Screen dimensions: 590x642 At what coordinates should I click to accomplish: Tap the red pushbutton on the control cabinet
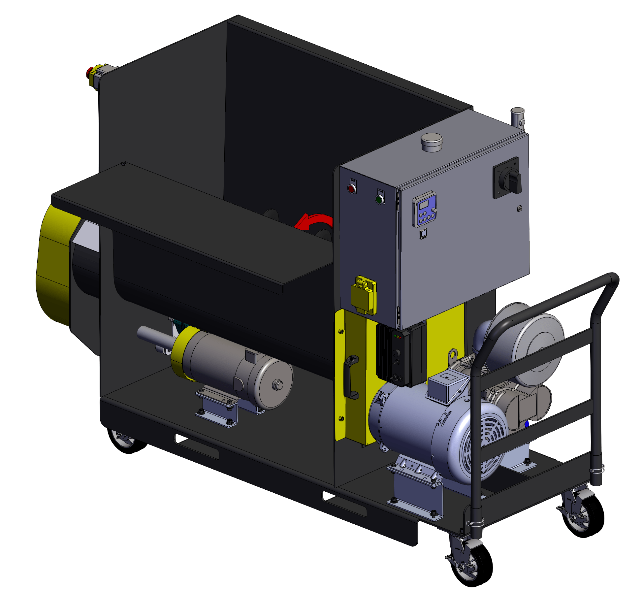[352, 189]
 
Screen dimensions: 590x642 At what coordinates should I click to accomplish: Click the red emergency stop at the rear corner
[90, 73]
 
